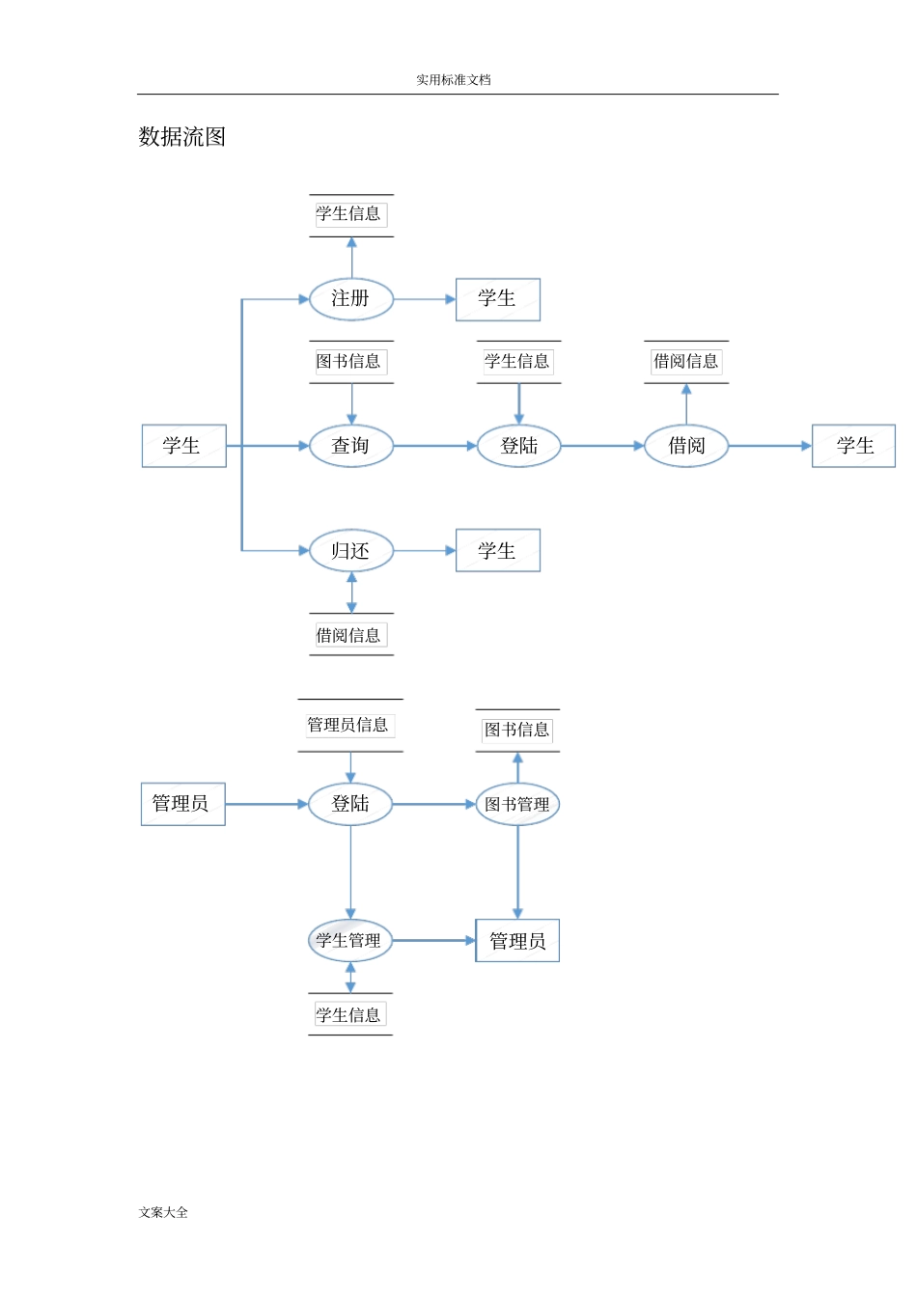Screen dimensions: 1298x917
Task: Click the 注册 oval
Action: [x=351, y=299]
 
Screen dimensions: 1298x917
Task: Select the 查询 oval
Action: [x=351, y=446]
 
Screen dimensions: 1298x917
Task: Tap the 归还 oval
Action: [x=351, y=551]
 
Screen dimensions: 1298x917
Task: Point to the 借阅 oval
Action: [x=686, y=446]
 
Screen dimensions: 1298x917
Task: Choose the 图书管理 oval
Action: [x=517, y=804]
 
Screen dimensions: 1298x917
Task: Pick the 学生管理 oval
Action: [x=349, y=940]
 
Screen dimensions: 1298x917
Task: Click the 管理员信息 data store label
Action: [x=348, y=725]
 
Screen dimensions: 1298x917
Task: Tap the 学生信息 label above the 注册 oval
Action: [x=349, y=214]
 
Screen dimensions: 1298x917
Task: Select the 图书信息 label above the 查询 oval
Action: [x=349, y=362]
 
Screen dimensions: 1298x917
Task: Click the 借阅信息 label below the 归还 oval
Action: [x=349, y=635]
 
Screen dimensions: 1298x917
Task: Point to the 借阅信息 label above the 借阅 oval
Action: [x=686, y=362]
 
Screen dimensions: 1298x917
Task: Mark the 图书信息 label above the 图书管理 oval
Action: [x=517, y=731]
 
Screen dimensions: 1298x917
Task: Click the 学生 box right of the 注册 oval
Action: [x=498, y=299]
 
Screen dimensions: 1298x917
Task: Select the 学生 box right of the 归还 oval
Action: [x=498, y=551]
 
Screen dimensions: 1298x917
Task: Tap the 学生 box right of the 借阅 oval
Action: [x=854, y=446]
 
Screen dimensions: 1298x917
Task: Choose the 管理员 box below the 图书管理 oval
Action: [x=517, y=941]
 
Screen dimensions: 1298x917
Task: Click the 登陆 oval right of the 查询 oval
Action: [x=519, y=446]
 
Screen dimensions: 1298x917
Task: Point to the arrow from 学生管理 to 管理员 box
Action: [x=433, y=940]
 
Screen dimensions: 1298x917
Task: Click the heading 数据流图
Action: [x=182, y=137]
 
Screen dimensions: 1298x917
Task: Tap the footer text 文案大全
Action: [x=163, y=1213]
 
